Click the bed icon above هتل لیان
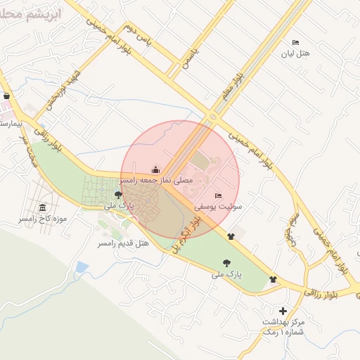click(295, 43)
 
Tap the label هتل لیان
click(295, 53)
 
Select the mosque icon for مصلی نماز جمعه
click(155, 169)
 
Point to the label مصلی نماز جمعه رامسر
click(156, 181)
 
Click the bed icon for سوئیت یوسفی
click(218, 195)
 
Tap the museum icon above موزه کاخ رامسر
click(43, 208)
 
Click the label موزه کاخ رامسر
click(43, 219)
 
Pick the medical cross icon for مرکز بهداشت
click(283, 311)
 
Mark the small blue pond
click(82, 268)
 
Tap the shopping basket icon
click(7, 96)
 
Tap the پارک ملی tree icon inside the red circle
click(118, 195)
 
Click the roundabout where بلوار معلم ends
click(212, 117)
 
